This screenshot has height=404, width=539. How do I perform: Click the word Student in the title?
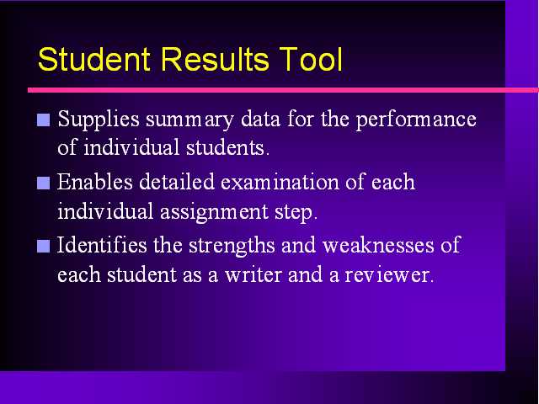[x=94, y=59]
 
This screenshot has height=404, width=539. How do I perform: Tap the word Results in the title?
[x=215, y=59]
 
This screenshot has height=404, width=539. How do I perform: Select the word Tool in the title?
[x=311, y=59]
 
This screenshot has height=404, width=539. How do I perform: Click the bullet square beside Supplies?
[x=43, y=120]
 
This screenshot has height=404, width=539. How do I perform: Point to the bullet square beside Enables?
[x=43, y=183]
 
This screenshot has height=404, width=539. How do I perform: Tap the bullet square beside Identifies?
[x=43, y=246]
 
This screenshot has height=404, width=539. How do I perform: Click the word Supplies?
[x=99, y=120]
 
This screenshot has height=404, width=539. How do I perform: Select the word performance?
[x=416, y=120]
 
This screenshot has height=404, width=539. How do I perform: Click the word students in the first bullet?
[x=227, y=148]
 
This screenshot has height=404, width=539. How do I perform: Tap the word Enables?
[x=95, y=182]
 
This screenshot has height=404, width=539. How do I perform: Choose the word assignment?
[x=214, y=212]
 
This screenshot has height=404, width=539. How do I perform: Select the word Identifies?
[x=102, y=245]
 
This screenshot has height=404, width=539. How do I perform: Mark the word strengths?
[x=232, y=246]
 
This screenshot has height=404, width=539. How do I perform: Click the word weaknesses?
[x=378, y=245]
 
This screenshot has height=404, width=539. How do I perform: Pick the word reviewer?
[x=388, y=275]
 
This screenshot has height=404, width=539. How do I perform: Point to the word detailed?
[x=177, y=182]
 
